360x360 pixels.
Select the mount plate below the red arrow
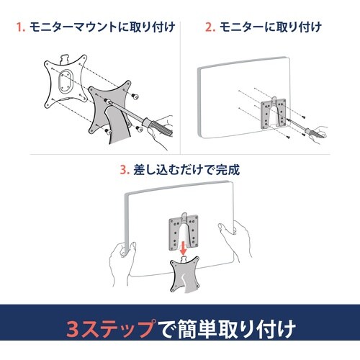185,275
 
